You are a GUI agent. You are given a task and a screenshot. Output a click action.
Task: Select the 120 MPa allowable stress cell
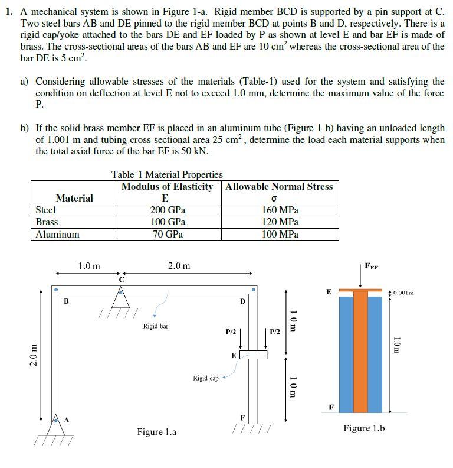280,222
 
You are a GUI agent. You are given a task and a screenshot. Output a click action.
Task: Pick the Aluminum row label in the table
57,234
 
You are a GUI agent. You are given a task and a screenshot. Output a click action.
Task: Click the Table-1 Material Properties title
167,174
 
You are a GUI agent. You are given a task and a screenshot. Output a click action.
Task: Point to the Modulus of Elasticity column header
167,187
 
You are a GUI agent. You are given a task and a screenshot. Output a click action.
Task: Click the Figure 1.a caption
156,432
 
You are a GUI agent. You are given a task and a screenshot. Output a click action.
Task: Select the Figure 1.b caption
364,428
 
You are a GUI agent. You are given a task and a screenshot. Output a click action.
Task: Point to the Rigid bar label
155,326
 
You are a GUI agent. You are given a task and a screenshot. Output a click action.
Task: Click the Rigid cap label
205,378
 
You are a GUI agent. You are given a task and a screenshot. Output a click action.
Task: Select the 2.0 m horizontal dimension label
179,266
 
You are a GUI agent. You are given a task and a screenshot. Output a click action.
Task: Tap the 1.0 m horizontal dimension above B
89,266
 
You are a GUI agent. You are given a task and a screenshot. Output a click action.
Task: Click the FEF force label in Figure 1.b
372,266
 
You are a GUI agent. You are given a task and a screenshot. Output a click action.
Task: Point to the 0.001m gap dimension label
403,292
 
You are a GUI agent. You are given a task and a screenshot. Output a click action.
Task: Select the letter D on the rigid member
242,302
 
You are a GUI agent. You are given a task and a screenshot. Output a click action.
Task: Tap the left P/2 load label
231,333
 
